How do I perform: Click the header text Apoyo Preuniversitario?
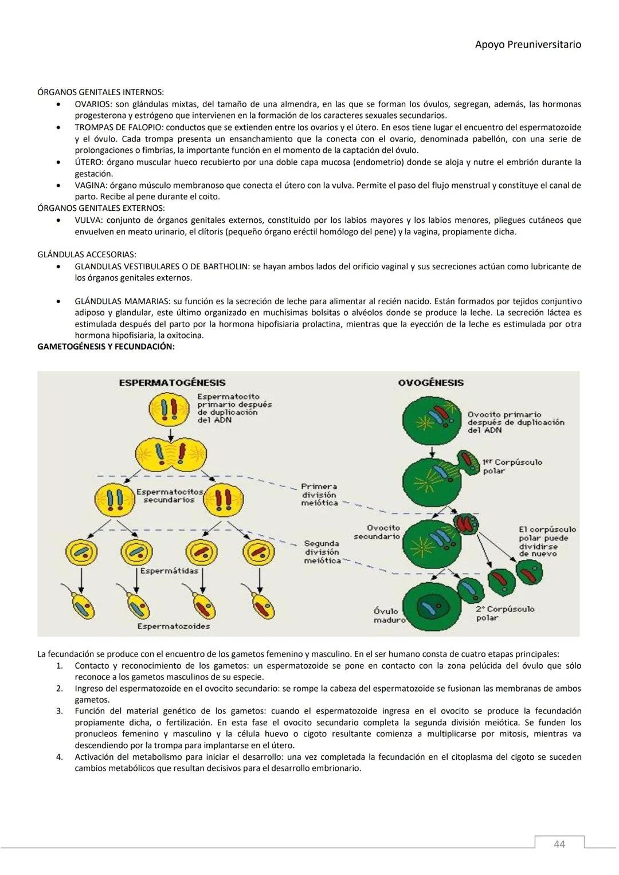coord(528,44)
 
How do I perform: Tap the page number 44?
coord(559,844)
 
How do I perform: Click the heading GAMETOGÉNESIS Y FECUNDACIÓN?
coord(106,347)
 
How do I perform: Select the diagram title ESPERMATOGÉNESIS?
coord(172,383)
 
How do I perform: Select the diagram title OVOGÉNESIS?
coord(430,383)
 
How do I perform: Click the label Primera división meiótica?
coord(319,495)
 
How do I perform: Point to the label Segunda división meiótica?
coord(322,552)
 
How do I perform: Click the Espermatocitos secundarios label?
coord(169,496)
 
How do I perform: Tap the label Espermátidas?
coord(170,571)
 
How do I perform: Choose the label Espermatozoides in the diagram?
coord(173,626)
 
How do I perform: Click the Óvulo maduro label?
coord(389,615)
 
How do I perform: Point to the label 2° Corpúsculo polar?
coord(504,613)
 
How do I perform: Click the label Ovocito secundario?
coord(377,532)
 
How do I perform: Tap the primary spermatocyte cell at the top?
coord(170,409)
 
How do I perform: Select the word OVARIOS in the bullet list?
coord(93,104)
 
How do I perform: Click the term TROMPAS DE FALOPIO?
coord(113,127)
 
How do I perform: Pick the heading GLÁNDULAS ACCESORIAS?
coord(87,254)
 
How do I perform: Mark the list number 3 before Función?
coord(59,711)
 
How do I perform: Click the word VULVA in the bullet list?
coord(88,220)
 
